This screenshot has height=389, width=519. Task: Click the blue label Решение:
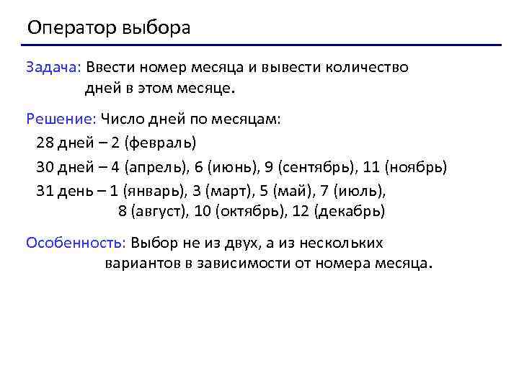pyautogui.click(x=61, y=119)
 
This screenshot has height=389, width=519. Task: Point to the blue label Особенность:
pyautogui.click(x=76, y=243)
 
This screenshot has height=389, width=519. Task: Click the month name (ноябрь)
pyautogui.click(x=416, y=167)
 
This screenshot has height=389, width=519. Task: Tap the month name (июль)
pyautogui.click(x=362, y=192)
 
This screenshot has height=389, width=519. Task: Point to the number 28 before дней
pyautogui.click(x=45, y=143)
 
